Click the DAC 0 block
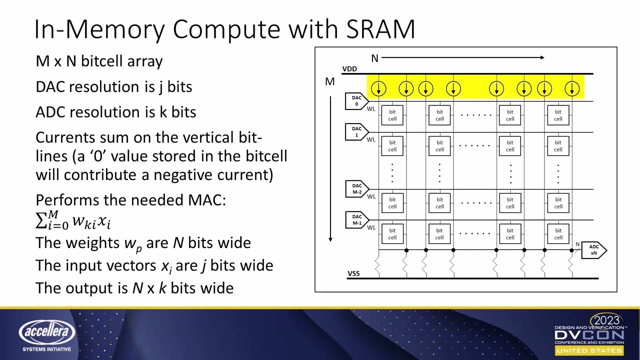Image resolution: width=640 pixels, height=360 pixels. [356, 101]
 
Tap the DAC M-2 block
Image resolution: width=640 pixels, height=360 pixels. [356, 189]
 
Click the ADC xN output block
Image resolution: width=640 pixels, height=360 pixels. [593, 250]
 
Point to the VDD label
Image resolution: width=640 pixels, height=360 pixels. [349, 69]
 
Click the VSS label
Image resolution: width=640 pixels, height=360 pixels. [353, 273]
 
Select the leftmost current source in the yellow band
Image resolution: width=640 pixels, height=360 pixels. [378, 89]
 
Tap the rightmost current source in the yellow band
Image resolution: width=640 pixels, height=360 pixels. [571, 89]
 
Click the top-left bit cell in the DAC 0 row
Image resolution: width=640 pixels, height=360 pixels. [392, 115]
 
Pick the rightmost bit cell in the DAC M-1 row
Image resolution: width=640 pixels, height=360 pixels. [557, 234]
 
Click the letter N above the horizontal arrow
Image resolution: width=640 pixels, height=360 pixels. [374, 58]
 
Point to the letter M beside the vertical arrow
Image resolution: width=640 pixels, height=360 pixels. [329, 81]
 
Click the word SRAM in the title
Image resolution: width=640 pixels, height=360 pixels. [380, 29]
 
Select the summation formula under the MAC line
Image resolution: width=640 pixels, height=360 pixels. [73, 220]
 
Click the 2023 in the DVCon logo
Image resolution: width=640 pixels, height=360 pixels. [605, 320]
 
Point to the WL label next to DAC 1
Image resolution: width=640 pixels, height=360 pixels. [371, 139]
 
